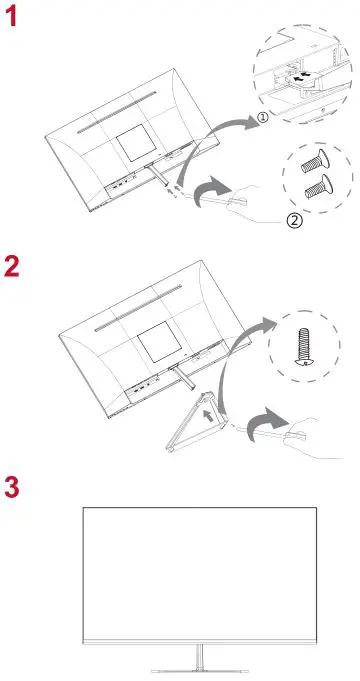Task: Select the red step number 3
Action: point(13,489)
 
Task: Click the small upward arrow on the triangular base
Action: point(207,410)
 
